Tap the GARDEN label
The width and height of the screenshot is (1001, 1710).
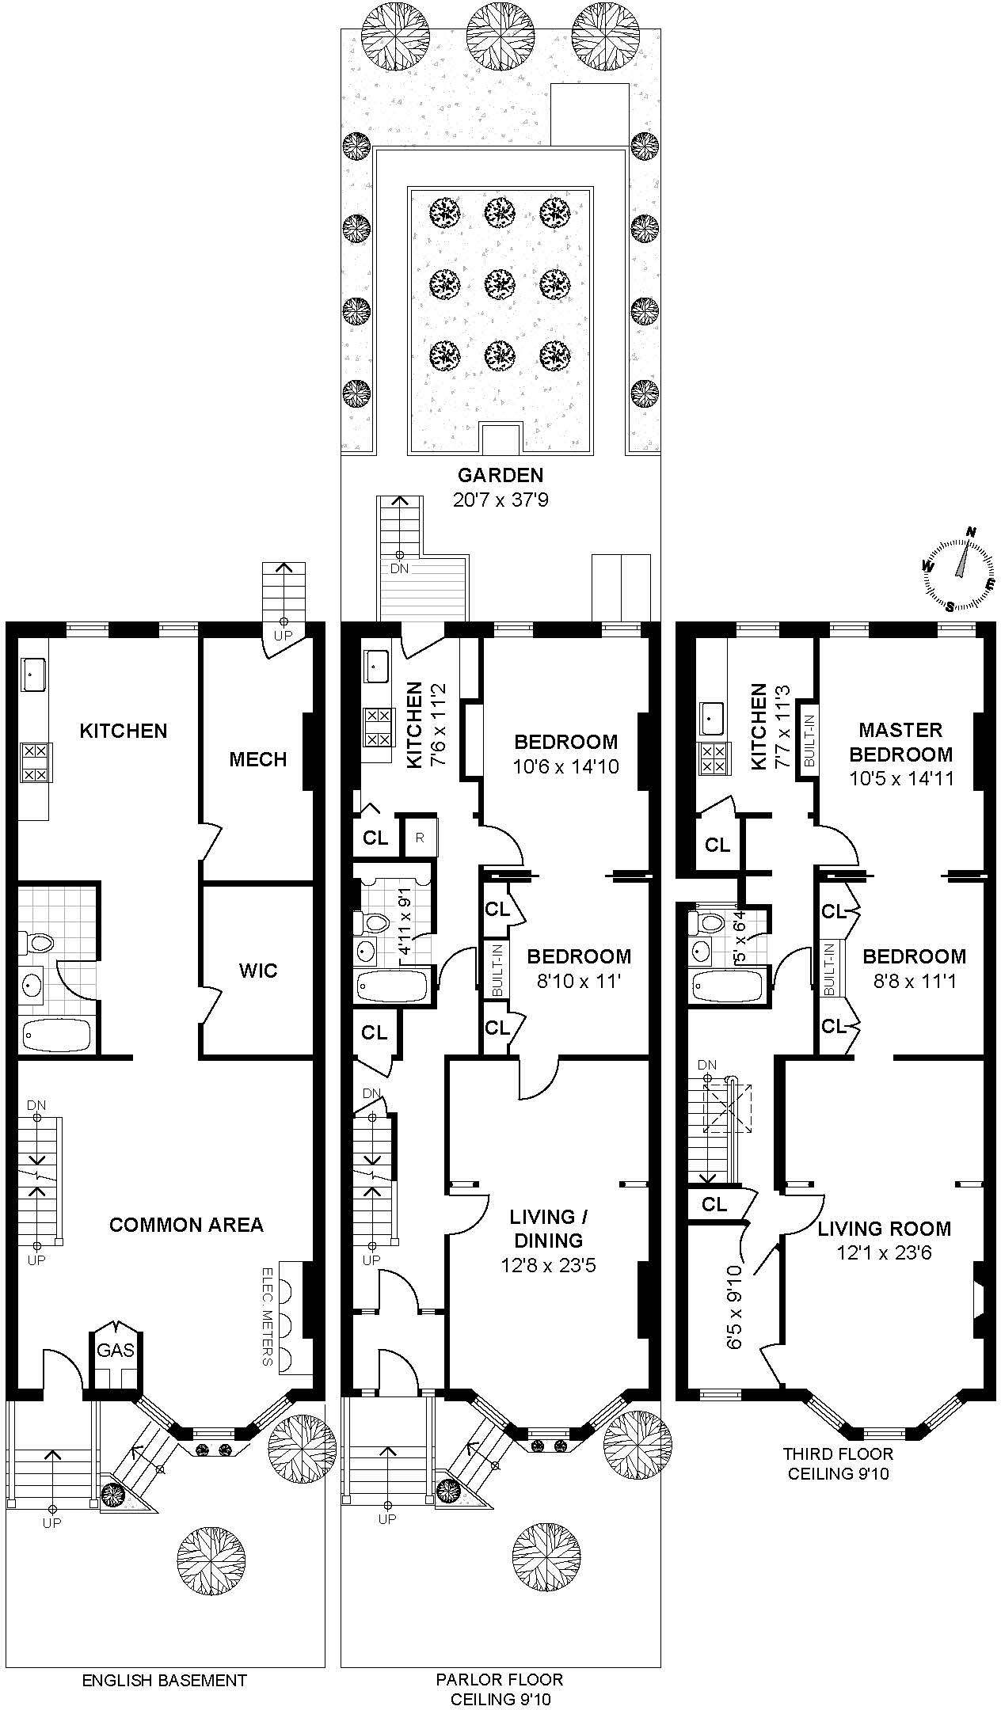pyautogui.click(x=500, y=475)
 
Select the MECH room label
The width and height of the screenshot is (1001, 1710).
pyautogui.click(x=257, y=760)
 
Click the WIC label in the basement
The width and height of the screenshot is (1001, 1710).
pyautogui.click(x=258, y=971)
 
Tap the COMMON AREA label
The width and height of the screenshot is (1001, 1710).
pyautogui.click(x=186, y=1225)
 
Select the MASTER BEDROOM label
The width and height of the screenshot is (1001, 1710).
pyautogui.click(x=900, y=742)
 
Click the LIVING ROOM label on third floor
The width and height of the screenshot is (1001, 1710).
pyautogui.click(x=884, y=1229)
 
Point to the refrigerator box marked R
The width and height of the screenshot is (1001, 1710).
pyautogui.click(x=421, y=836)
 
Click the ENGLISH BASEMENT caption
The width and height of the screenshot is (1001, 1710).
pyautogui.click(x=165, y=1658)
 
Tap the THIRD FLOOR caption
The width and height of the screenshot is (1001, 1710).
pyautogui.click(x=838, y=1454)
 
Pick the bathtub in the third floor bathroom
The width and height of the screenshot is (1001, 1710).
pyautogui.click(x=726, y=986)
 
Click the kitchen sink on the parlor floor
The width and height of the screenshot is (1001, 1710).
pyautogui.click(x=375, y=667)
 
